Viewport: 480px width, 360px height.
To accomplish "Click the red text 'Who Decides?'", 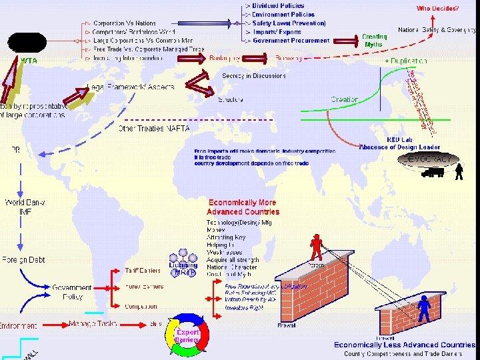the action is (x=437, y=9).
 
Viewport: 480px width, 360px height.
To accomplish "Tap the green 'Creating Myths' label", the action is (x=375, y=40).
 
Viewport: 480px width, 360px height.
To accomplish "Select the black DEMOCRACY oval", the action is (x=429, y=159).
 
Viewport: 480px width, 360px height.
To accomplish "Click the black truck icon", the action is (x=432, y=172).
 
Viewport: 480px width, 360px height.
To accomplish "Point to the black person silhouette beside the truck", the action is (x=459, y=172).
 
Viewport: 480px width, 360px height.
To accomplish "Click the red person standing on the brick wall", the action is (x=316, y=247).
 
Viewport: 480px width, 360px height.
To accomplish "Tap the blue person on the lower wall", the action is (x=424, y=305).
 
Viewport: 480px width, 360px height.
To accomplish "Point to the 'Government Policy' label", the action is (x=72, y=292).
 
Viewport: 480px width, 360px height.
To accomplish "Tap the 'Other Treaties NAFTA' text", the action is (x=154, y=128).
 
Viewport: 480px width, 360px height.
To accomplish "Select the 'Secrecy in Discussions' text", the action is (x=254, y=76).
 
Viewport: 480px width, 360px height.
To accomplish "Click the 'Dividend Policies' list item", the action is (x=279, y=6).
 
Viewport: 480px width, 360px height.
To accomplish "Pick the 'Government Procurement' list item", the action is (x=291, y=41).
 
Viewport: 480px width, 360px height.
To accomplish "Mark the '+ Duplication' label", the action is (x=406, y=61).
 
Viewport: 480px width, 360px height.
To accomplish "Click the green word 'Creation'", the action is (x=345, y=99).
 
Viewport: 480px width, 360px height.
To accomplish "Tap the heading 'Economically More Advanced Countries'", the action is (x=243, y=207).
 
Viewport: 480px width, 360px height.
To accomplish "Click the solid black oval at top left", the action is (x=27, y=42).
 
